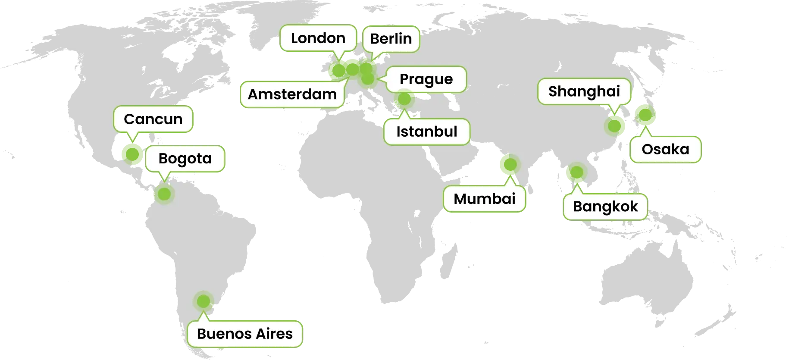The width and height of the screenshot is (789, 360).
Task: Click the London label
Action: click(318, 38)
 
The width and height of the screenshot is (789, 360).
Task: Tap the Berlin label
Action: click(391, 39)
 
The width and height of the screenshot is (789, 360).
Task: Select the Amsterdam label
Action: click(292, 94)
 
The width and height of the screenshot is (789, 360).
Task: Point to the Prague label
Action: click(426, 79)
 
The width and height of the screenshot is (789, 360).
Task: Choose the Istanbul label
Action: click(426, 131)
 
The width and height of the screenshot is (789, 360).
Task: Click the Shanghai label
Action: click(584, 91)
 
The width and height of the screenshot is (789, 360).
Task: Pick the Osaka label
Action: click(665, 150)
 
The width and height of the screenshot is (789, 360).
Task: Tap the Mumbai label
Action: click(485, 199)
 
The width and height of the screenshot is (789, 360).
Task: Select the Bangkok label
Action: click(605, 207)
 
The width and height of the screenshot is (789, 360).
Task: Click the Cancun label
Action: click(153, 119)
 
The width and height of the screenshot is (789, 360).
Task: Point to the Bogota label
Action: click(185, 159)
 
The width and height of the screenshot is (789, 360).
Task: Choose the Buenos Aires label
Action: click(244, 334)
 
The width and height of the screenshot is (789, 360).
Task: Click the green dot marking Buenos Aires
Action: click(203, 301)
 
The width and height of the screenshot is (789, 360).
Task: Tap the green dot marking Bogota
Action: click(164, 194)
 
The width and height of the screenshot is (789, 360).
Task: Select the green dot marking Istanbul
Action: click(404, 99)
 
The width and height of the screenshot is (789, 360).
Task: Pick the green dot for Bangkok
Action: click(576, 172)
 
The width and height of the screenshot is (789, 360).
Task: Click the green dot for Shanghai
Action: click(615, 126)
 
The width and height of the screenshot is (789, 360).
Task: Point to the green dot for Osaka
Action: click(644, 114)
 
